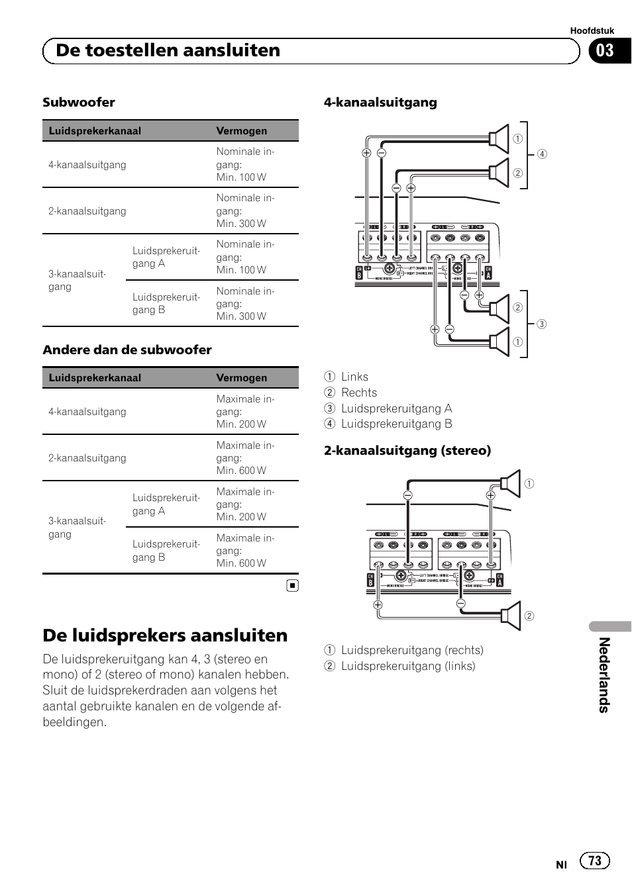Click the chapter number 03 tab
tap(605, 51)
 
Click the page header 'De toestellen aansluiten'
tap(168, 51)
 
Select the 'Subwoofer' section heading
tap(79, 103)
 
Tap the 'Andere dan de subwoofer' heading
tap(127, 350)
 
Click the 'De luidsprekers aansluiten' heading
tap(165, 636)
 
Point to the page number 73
tap(595, 860)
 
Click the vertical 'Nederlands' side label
tap(604, 675)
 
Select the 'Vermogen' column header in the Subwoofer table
tap(242, 131)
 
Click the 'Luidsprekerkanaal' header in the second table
tap(95, 378)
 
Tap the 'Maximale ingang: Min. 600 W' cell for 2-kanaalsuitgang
tap(244, 458)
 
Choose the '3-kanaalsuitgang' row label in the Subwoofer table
tap(77, 280)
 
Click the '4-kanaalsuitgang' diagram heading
tap(380, 103)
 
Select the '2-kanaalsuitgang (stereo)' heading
tap(407, 451)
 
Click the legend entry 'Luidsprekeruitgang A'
tap(396, 408)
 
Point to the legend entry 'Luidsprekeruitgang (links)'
tap(407, 666)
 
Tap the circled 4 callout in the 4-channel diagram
tap(542, 154)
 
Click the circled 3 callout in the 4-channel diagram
tap(541, 324)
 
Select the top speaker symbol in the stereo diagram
tap(511, 483)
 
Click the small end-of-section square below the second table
tap(293, 585)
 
